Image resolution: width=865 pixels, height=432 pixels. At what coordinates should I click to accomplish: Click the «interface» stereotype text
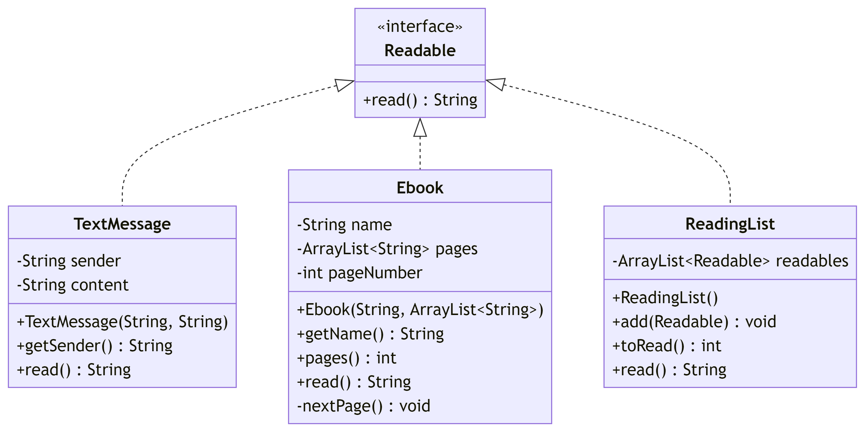(420, 27)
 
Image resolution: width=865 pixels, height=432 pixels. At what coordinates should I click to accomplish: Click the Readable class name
(420, 50)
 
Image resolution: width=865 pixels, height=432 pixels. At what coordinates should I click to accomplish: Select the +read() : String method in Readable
(420, 100)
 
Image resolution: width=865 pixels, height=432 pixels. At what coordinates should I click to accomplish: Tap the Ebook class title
(420, 188)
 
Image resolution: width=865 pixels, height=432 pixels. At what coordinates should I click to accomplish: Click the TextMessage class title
(122, 224)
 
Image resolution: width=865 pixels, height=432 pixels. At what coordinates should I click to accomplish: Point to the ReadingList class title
(730, 224)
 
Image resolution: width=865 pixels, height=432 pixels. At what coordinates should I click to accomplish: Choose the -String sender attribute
(69, 261)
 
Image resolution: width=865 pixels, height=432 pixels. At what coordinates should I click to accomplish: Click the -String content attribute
(73, 285)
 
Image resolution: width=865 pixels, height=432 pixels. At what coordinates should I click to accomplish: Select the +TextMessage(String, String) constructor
(122, 322)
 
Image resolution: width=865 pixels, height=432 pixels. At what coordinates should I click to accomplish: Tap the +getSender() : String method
(95, 346)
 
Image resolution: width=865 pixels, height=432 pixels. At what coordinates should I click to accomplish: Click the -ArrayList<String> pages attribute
(387, 249)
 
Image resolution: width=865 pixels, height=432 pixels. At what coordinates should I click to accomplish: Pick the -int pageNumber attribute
(359, 273)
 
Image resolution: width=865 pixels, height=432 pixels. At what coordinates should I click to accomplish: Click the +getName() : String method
(370, 334)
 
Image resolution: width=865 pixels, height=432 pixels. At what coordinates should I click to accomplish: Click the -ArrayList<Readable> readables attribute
(730, 261)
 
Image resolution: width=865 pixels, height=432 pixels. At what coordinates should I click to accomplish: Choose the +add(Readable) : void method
(694, 322)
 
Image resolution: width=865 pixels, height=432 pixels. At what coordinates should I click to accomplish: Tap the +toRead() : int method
(667, 346)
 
